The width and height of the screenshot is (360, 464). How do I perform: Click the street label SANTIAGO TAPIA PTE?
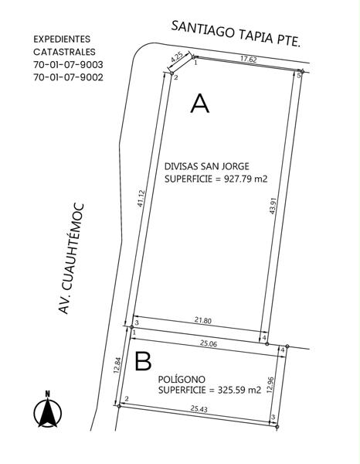[236, 33]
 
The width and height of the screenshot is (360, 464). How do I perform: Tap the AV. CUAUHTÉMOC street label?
[71, 258]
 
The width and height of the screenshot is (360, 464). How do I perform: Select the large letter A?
[200, 104]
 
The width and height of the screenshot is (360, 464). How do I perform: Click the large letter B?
[143, 361]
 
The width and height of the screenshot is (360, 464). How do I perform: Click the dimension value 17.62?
[249, 59]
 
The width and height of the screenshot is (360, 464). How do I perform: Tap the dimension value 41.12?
[141, 198]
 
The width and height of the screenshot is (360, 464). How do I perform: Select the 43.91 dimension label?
[273, 206]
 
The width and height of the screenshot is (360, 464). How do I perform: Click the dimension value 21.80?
[203, 320]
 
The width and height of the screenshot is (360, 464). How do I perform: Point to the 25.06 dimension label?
[209, 343]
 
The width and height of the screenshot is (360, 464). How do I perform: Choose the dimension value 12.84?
[117, 366]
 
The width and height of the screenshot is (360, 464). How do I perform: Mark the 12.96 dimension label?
[270, 384]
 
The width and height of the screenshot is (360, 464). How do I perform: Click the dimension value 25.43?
[199, 408]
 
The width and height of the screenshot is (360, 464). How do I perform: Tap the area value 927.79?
[237, 179]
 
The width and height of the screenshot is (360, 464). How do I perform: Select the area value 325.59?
[231, 390]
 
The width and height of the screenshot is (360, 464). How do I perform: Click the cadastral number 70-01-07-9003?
[68, 64]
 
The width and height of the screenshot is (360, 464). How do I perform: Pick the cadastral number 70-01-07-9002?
[68, 77]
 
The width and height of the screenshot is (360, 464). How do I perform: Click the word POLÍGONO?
[182, 379]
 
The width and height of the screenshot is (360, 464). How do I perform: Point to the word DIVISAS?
[182, 166]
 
